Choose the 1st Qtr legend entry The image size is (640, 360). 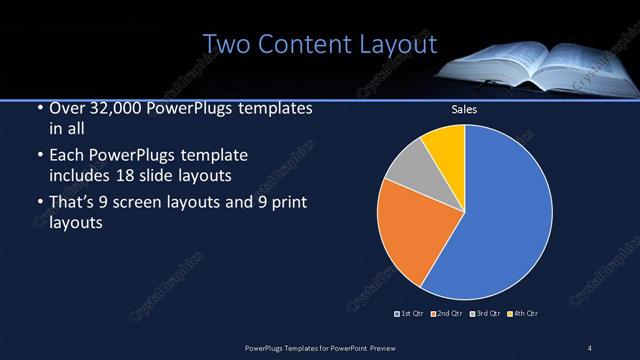point(410,314)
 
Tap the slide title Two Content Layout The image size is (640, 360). point(320,44)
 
